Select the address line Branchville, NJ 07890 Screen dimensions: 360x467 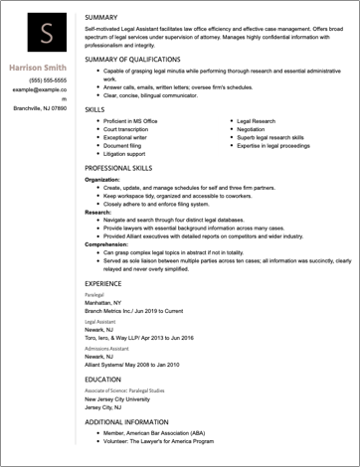(x=41, y=107)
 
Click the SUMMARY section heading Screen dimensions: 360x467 (x=102, y=19)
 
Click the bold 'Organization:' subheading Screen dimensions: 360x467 (x=104, y=180)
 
